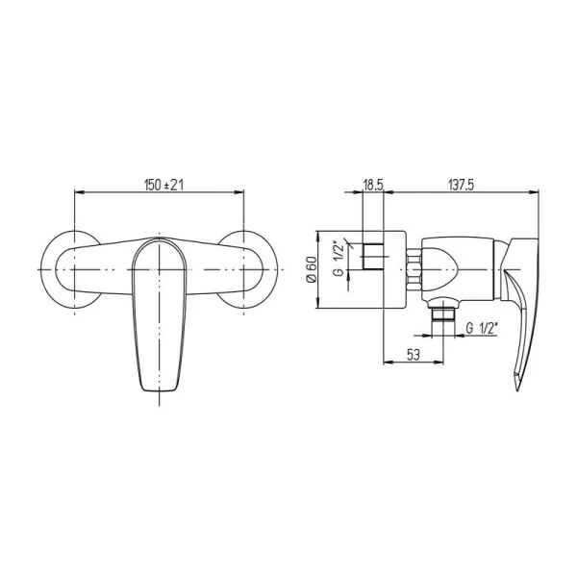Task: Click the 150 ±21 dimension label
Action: click(163, 185)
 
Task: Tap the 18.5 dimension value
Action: click(373, 185)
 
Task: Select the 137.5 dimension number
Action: click(461, 185)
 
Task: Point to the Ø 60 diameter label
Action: click(312, 269)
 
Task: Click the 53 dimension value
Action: click(414, 355)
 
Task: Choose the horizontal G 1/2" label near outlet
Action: click(482, 328)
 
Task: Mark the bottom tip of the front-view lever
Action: click(159, 391)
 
